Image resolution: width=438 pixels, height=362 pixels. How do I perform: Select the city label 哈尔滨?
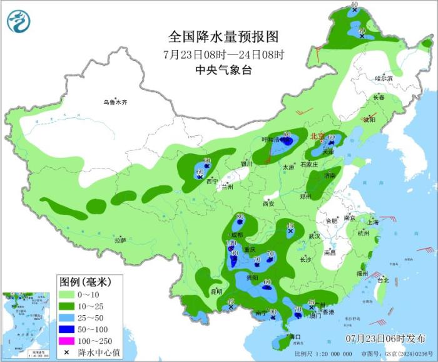coord(384,78)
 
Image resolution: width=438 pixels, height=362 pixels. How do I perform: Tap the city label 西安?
coord(269,204)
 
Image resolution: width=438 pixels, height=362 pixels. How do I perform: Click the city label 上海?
coord(373,222)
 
